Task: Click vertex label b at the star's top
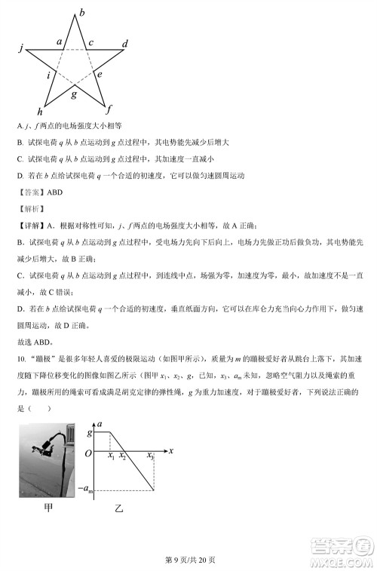(82, 11)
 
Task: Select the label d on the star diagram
(125, 43)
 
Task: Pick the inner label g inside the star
(73, 94)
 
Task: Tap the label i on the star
(49, 75)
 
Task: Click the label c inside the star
(90, 43)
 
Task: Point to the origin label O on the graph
(88, 452)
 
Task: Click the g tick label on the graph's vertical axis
(90, 433)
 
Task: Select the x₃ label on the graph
(150, 456)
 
